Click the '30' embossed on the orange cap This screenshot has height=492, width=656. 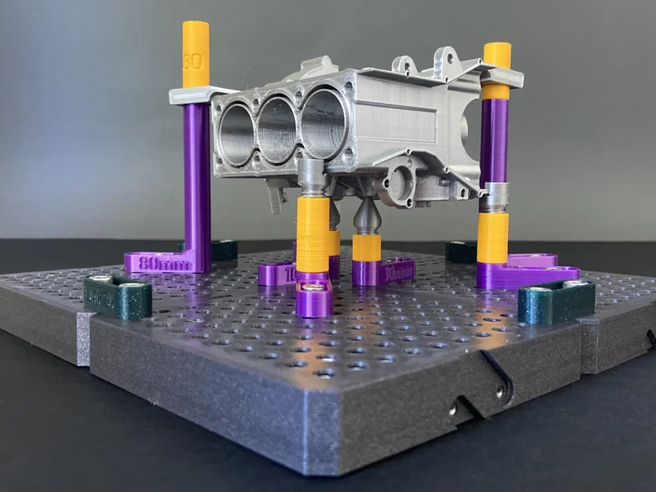(x=191, y=60)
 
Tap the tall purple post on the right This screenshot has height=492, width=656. (x=494, y=142)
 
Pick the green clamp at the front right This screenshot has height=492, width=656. (x=556, y=300)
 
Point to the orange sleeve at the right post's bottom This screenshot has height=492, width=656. (x=492, y=237)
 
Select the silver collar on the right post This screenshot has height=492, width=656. (x=495, y=198)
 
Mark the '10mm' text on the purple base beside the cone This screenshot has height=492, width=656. (x=398, y=272)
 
